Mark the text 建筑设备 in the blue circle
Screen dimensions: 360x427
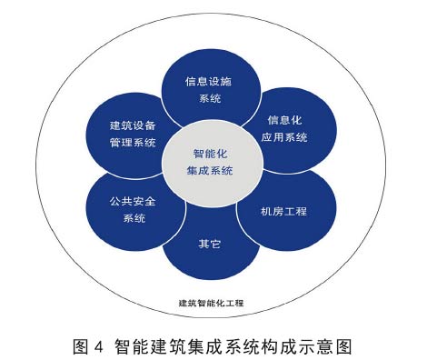[x=133, y=124]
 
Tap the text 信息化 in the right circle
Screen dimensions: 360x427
[x=289, y=119]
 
